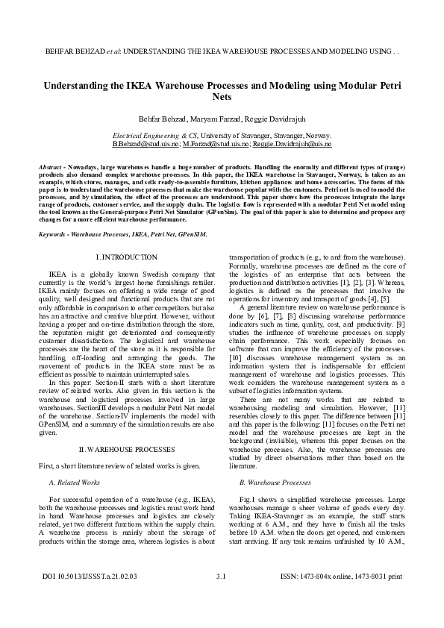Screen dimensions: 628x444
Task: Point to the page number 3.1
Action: [221, 597]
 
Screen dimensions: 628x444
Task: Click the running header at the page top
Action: [222, 53]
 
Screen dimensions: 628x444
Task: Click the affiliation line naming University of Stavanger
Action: [222, 136]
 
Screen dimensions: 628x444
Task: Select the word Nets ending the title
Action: [222, 97]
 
